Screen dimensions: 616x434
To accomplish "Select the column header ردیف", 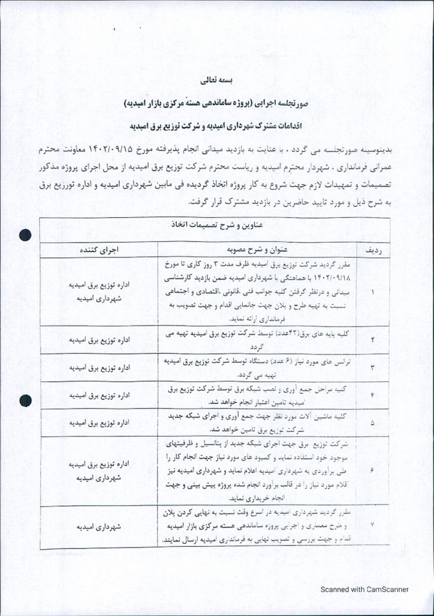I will tap(374, 249).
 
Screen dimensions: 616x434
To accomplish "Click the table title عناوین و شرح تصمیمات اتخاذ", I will tap(217, 226).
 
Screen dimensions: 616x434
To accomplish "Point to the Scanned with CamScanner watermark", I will tap(364, 590).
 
